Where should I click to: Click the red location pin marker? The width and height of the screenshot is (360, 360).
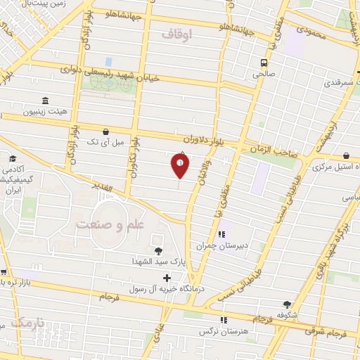click(x=181, y=166)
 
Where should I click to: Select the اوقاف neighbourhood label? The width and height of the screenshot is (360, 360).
click(x=176, y=32)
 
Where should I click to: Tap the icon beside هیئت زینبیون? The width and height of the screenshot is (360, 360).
click(x=46, y=101)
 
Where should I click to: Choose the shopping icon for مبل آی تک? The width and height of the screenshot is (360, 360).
click(x=105, y=131)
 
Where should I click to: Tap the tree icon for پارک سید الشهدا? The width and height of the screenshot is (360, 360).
click(x=157, y=250)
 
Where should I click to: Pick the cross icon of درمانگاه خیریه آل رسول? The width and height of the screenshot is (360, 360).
click(x=167, y=278)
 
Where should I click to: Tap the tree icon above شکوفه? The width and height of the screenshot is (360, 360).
click(x=286, y=304)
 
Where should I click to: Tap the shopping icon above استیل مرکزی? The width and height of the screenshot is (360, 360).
click(x=347, y=156)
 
